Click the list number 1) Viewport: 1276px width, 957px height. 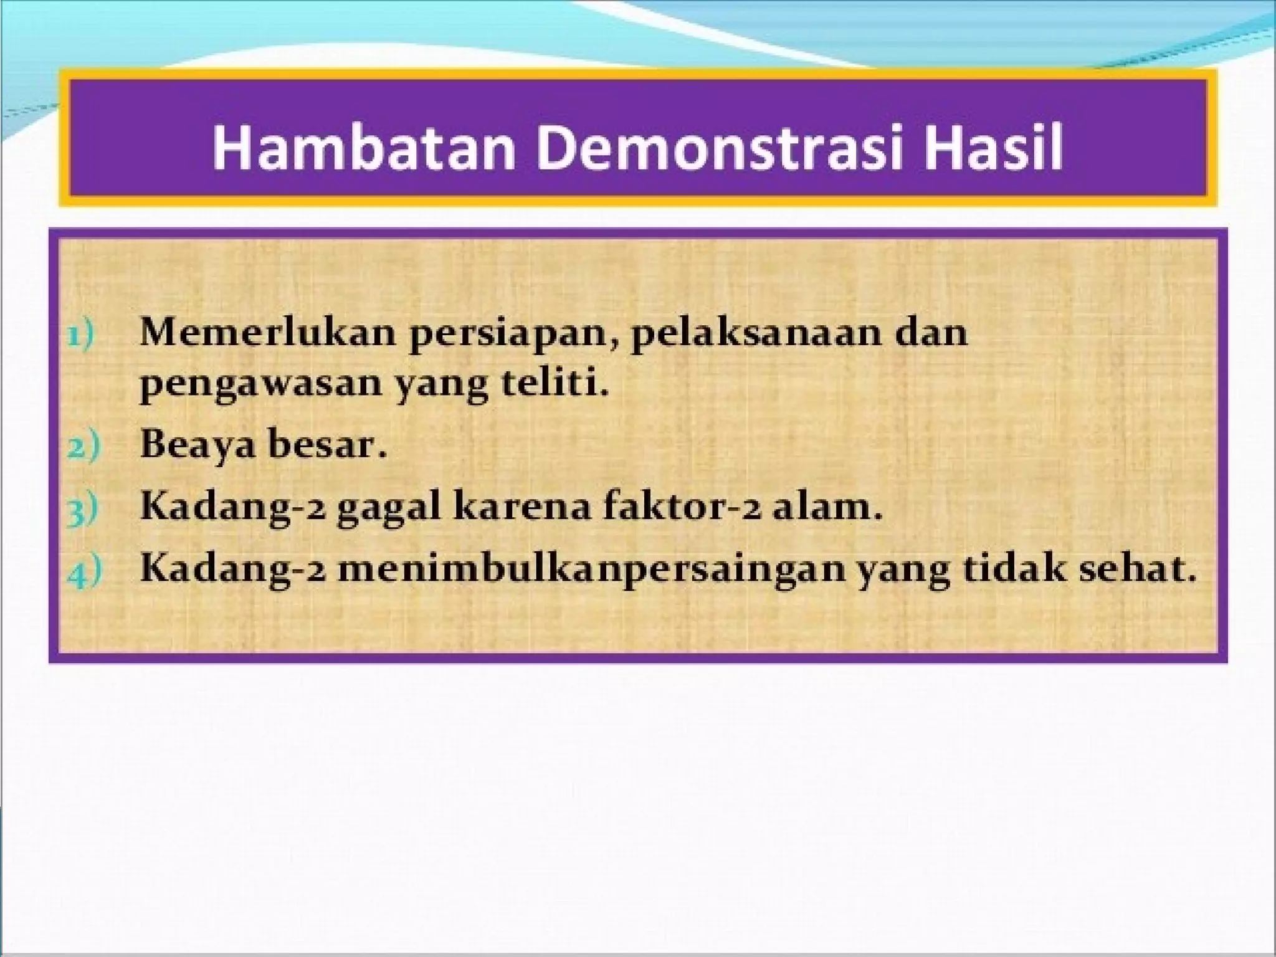click(81, 335)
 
